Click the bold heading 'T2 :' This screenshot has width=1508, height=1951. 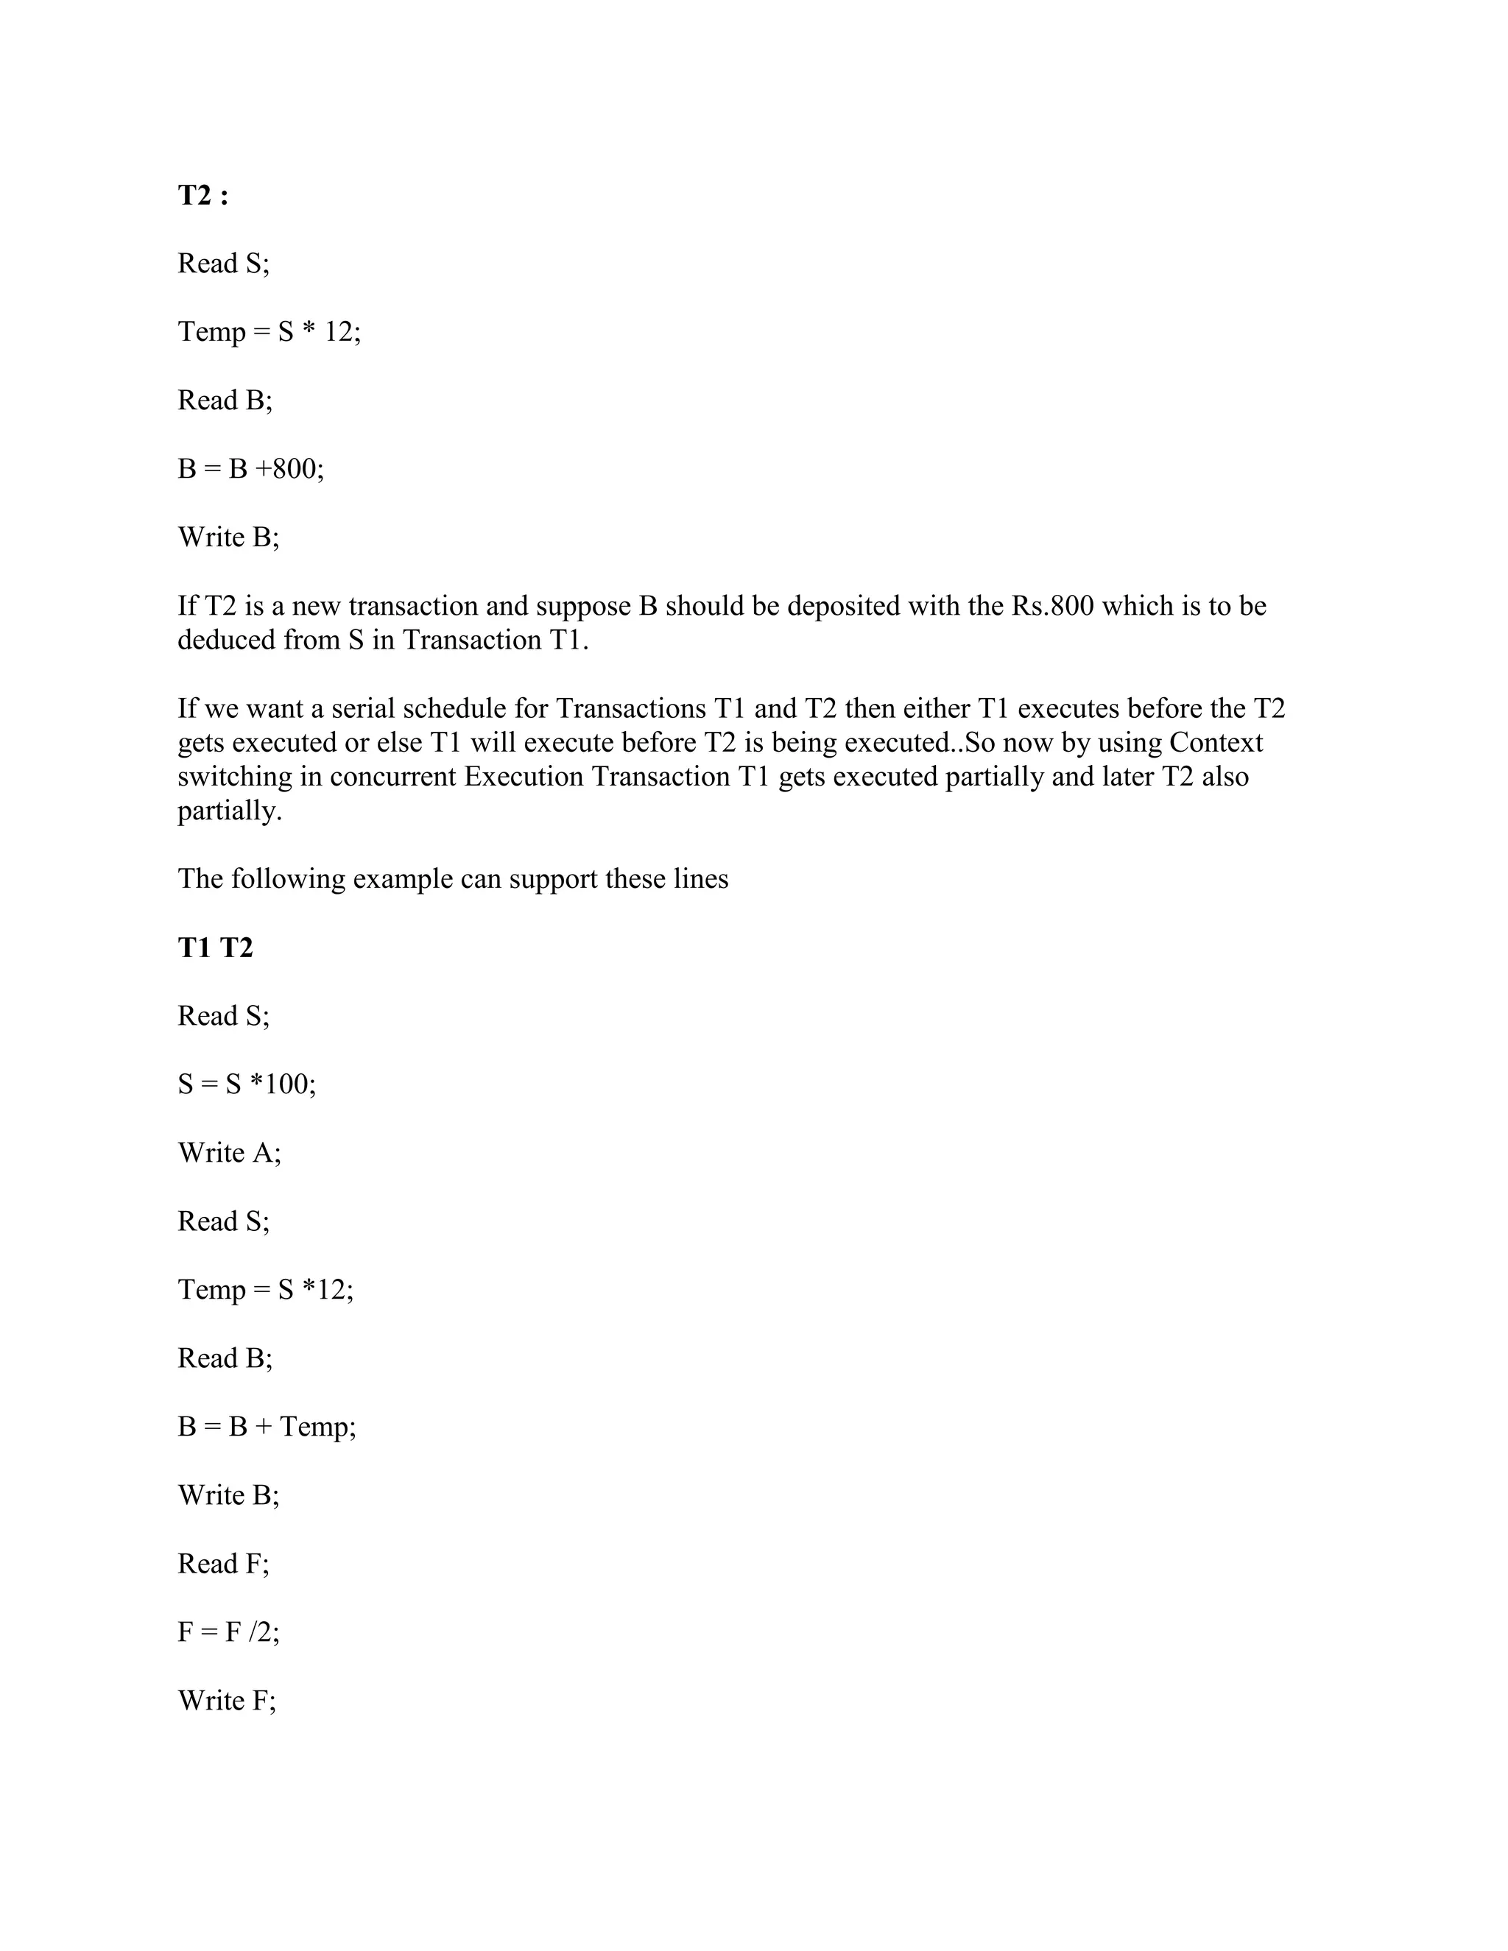(202, 195)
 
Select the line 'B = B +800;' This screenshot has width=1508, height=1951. (250, 468)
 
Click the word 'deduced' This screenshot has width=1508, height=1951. (226, 640)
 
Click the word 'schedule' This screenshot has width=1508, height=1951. (456, 708)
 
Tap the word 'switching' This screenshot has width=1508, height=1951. (235, 776)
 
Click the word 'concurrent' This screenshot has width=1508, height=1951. (392, 776)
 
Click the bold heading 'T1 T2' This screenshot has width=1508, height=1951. (215, 947)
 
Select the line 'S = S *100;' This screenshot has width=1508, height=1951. (247, 1084)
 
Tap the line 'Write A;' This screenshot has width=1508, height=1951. (230, 1152)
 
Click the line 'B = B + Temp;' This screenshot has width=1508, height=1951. (267, 1427)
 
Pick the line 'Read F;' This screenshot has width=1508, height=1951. (223, 1563)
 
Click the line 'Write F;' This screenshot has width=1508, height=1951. (227, 1700)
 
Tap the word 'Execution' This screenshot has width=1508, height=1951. (524, 776)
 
